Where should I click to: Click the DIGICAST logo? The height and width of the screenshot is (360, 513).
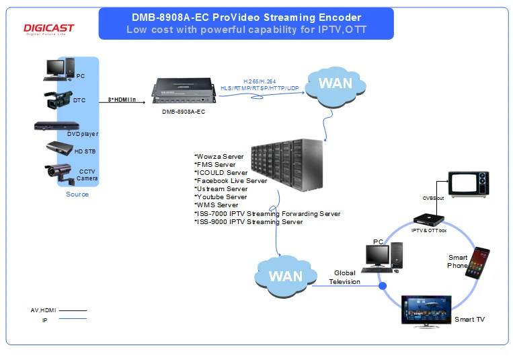(x=49, y=29)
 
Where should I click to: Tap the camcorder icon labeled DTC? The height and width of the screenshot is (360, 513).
(x=58, y=100)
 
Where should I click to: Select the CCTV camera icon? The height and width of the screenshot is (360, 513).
(x=60, y=173)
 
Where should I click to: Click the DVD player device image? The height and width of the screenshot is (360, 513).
(x=56, y=126)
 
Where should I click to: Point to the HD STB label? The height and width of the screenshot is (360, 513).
(x=85, y=151)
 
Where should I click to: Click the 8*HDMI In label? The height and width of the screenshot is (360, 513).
(x=122, y=100)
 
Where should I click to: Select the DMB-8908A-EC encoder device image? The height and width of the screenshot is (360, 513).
(x=184, y=91)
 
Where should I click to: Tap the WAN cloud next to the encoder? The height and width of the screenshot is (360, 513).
(x=336, y=87)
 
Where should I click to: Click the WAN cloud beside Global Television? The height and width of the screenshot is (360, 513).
(x=286, y=276)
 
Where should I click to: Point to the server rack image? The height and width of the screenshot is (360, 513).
(x=287, y=165)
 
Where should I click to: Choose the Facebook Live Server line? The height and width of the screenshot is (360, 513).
(x=231, y=181)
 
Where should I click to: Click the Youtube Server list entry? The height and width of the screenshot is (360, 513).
(x=221, y=197)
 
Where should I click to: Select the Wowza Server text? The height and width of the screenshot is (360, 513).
(x=219, y=157)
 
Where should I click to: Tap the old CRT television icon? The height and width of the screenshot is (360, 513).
(x=469, y=184)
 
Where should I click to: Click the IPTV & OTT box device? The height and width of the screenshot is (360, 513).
(x=428, y=219)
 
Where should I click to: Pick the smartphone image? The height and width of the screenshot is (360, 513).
(x=477, y=263)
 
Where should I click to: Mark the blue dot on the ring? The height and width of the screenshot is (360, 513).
(x=383, y=286)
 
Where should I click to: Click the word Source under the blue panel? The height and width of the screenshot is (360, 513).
(x=77, y=194)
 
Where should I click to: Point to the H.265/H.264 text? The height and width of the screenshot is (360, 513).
(x=260, y=81)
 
